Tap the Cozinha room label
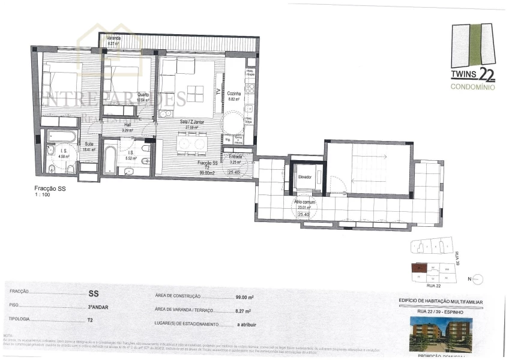234,94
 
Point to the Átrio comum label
304,202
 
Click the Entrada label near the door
235,157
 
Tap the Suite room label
89,143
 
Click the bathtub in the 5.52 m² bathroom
110,160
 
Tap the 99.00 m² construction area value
243,297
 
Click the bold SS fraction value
94,294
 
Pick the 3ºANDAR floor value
98,307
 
